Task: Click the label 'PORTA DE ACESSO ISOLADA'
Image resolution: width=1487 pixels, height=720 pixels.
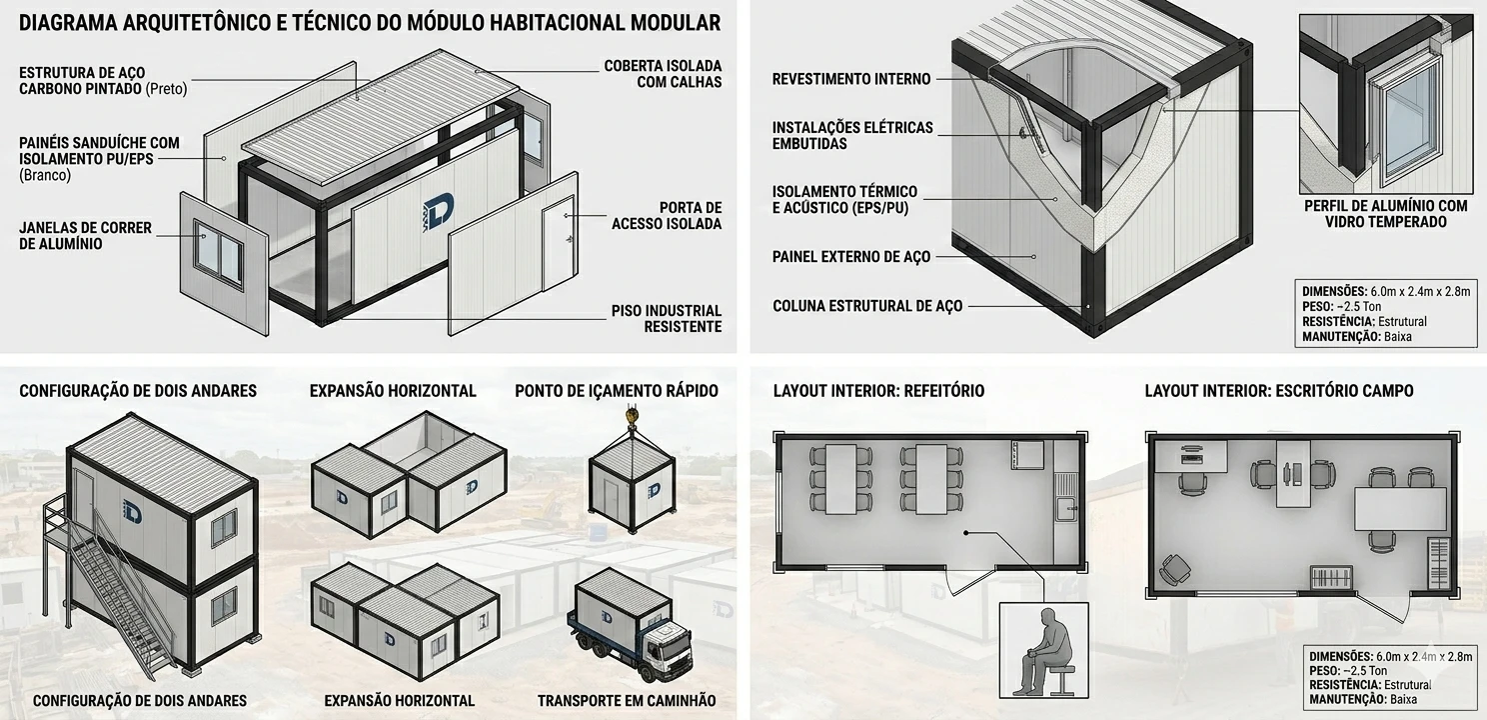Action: pos(667,216)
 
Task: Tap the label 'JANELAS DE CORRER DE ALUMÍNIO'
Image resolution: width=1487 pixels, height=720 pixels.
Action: pos(85,236)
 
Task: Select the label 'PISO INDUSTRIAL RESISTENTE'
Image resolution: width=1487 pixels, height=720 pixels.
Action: pos(667,319)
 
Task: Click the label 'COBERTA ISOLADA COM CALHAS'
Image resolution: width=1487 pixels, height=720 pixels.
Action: pos(663,74)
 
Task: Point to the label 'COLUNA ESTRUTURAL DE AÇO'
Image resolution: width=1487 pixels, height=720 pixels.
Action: pos(867,306)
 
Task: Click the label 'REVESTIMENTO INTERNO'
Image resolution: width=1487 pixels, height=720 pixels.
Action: pos(851,79)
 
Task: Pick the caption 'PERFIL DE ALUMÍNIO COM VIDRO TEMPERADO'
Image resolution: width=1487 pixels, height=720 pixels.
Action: pos(1385,214)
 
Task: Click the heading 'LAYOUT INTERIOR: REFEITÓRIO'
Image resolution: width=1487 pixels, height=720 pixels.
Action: pos(878,391)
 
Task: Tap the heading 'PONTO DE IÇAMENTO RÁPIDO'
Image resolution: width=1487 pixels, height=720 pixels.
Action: pos(616,391)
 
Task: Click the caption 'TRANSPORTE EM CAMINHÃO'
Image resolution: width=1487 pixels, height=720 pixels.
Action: pos(627,701)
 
